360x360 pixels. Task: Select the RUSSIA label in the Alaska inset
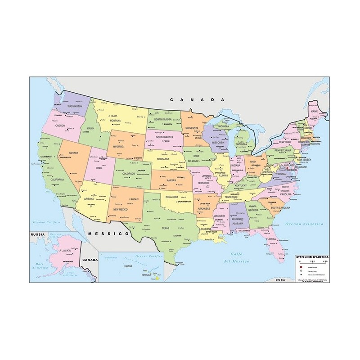[x=37, y=234]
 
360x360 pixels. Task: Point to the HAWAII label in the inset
[x=128, y=266]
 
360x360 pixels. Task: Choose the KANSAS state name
[x=171, y=180]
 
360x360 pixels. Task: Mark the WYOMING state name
[x=118, y=146]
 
